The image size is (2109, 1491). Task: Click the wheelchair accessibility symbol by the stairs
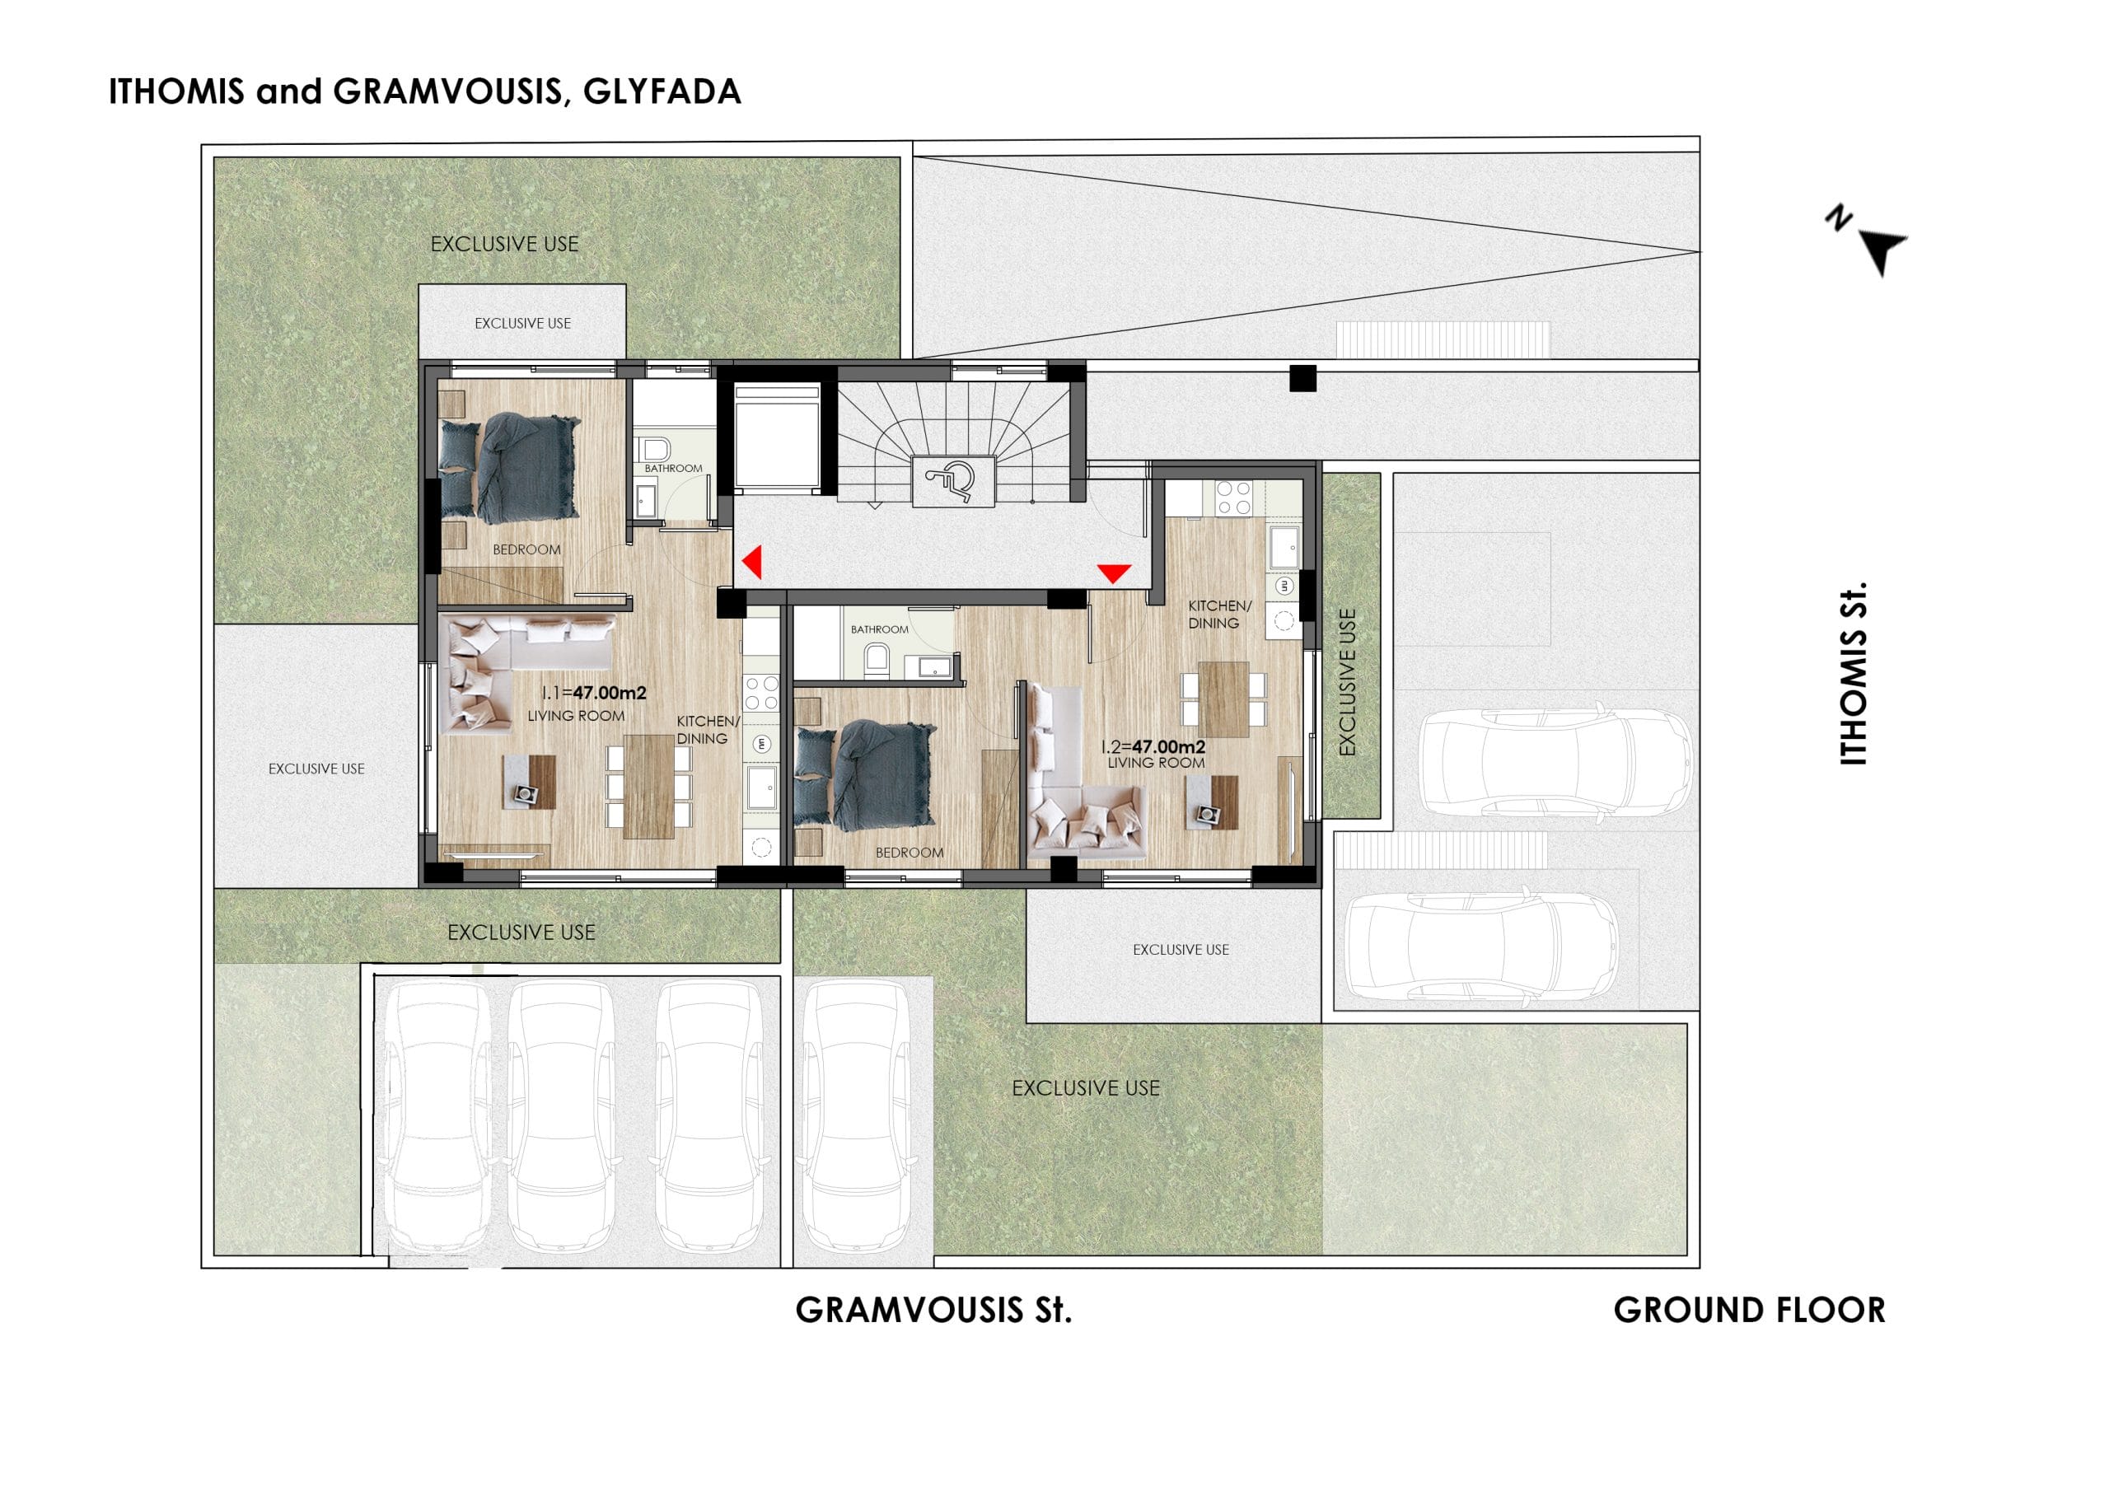[x=952, y=480]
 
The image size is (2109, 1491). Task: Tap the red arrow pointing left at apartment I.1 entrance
[x=752, y=563]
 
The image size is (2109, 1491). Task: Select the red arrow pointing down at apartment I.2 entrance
[x=1113, y=574]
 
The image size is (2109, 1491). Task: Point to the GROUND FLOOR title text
[x=1749, y=1310]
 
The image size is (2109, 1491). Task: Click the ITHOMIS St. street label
[x=1854, y=672]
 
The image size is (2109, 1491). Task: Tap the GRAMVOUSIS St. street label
[x=933, y=1310]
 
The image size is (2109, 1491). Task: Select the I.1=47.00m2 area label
[x=593, y=694]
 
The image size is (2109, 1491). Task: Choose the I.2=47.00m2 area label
[x=1153, y=748]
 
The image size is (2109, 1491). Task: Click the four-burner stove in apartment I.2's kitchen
[x=1232, y=499]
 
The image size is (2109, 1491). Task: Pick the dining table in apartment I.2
[x=1223, y=699]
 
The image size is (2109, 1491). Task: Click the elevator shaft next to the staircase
[x=776, y=437]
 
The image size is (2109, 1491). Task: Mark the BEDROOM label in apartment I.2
[x=910, y=853]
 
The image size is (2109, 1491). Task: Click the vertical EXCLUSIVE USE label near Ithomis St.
[x=1348, y=683]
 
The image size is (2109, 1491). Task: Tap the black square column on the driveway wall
[x=1302, y=377]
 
